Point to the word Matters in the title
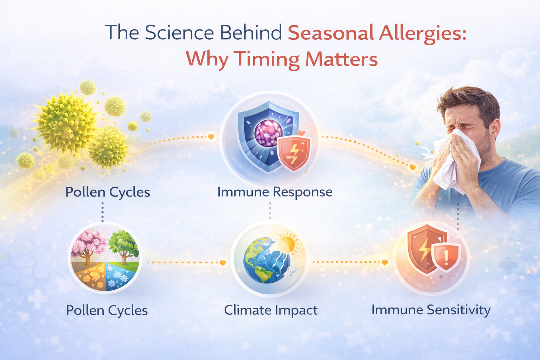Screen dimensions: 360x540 pyautogui.click(x=341, y=59)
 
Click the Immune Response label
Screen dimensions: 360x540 pyautogui.click(x=275, y=192)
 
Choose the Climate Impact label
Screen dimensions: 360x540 pyautogui.click(x=271, y=310)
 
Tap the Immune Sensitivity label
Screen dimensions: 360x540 pyautogui.click(x=431, y=310)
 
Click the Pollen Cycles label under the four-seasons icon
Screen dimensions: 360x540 pyautogui.click(x=107, y=310)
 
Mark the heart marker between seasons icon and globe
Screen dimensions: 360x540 pyautogui.click(x=222, y=263)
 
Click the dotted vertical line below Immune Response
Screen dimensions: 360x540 pyautogui.click(x=270, y=211)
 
